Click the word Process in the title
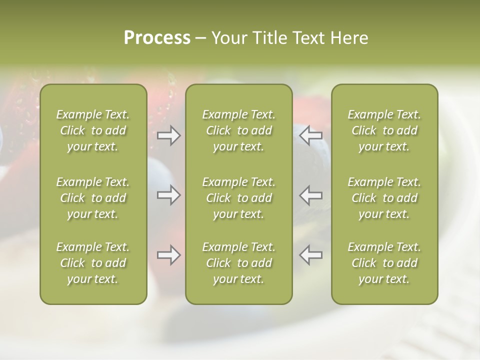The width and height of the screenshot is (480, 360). pyautogui.click(x=157, y=38)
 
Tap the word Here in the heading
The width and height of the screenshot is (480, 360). pyautogui.click(x=349, y=38)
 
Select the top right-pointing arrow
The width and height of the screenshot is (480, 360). pyautogui.click(x=168, y=135)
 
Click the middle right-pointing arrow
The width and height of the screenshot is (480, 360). pyautogui.click(x=168, y=195)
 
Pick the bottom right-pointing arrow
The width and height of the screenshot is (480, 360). pyautogui.click(x=168, y=255)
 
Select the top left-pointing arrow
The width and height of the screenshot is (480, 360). pyautogui.click(x=311, y=135)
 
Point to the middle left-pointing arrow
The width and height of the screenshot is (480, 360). pyautogui.click(x=311, y=195)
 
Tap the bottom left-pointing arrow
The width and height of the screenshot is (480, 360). pyautogui.click(x=311, y=254)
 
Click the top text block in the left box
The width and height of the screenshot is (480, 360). pyautogui.click(x=93, y=130)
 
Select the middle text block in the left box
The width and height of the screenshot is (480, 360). pyautogui.click(x=93, y=198)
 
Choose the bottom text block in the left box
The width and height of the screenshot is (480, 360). pyautogui.click(x=93, y=263)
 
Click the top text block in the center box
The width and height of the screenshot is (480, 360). pyautogui.click(x=238, y=130)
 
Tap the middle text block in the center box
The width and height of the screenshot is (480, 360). pyautogui.click(x=238, y=198)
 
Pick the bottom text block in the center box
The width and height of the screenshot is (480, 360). pyautogui.click(x=238, y=263)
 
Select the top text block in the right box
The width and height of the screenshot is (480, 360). pyautogui.click(x=384, y=130)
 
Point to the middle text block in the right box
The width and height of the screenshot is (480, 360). pyautogui.click(x=384, y=198)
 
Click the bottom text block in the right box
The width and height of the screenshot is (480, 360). pyautogui.click(x=384, y=263)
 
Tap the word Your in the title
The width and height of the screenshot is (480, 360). pyautogui.click(x=229, y=38)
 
